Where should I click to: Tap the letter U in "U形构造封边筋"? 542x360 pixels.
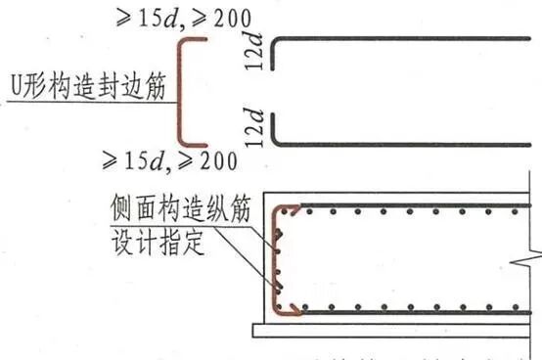pos(17,86)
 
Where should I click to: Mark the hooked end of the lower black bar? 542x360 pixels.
pos(276,132)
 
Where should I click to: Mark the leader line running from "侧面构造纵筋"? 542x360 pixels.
pos(262,256)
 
